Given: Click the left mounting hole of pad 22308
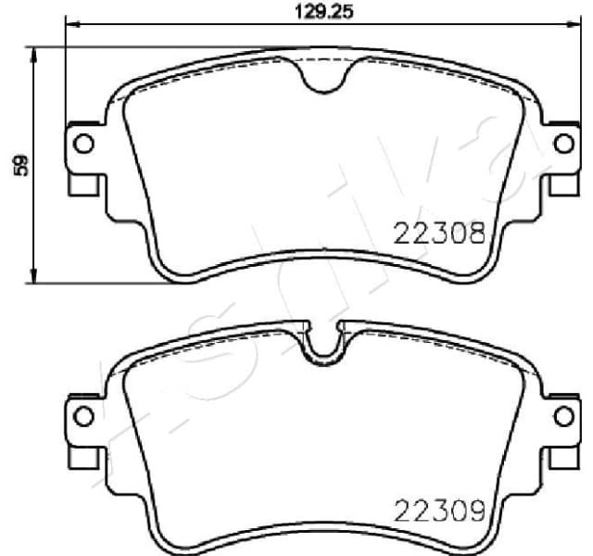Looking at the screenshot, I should pos(82,144).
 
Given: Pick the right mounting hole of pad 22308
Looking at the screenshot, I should pos(562,144).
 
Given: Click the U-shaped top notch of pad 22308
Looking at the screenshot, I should pos(322,80).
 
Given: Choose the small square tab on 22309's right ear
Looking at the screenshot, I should pos(562,459).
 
